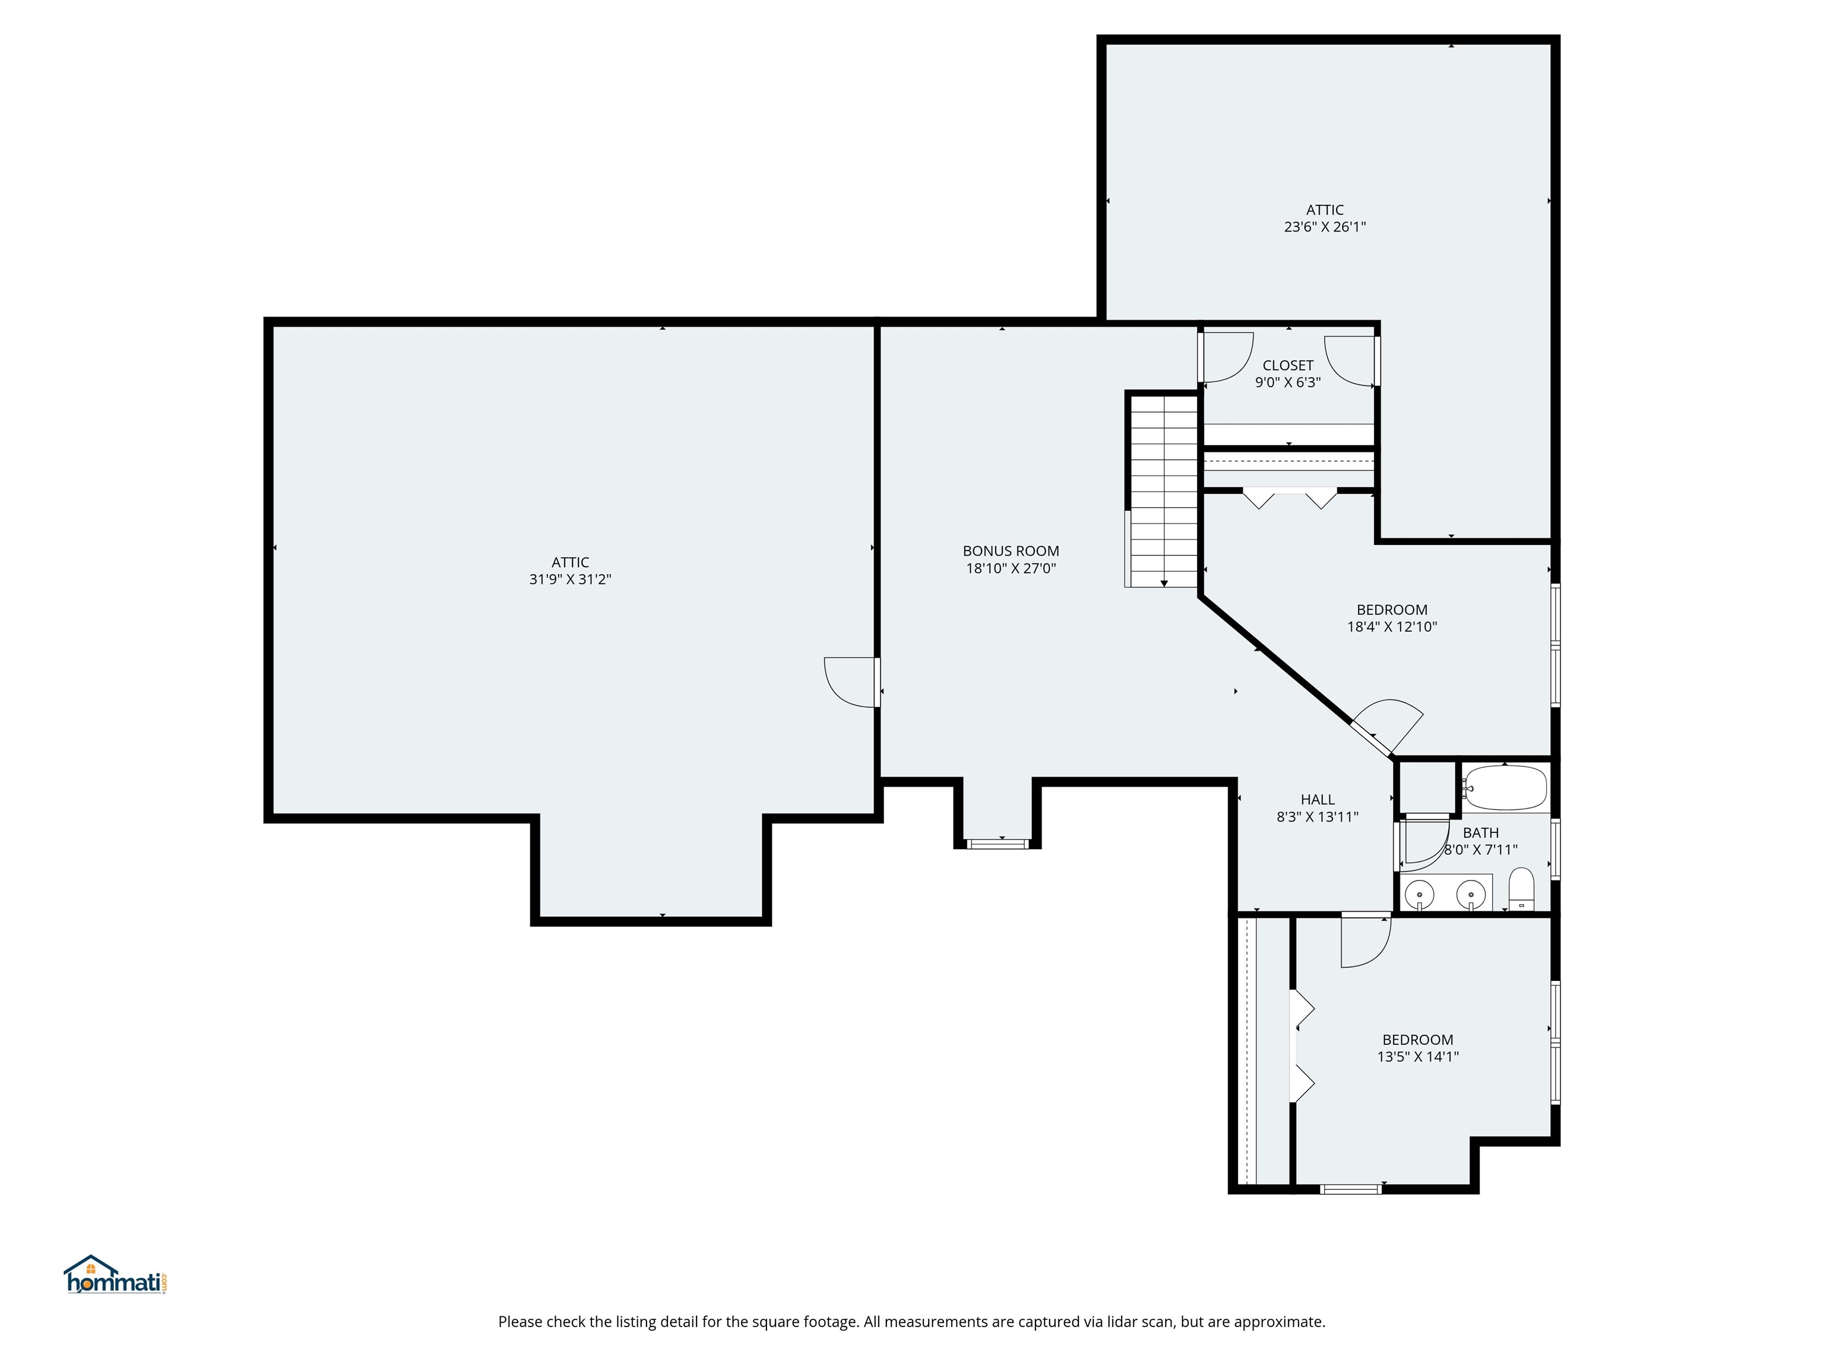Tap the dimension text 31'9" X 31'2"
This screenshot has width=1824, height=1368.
point(570,579)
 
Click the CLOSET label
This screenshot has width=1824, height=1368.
point(1287,365)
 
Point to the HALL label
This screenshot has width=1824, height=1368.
point(1317,799)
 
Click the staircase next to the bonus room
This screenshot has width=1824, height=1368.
point(1163,490)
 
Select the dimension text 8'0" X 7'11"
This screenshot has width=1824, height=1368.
point(1480,849)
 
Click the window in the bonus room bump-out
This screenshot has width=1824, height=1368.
point(997,844)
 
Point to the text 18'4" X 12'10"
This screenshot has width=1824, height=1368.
point(1391,626)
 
